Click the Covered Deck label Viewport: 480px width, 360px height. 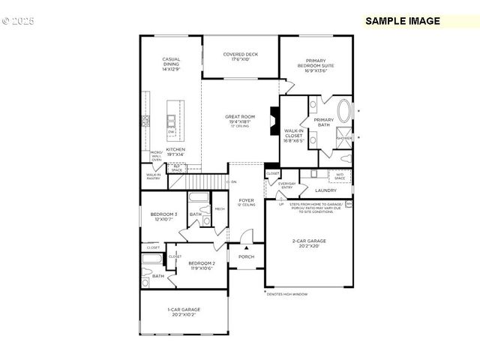(x=241, y=56)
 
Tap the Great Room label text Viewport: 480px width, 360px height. (x=240, y=119)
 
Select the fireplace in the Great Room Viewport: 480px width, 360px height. (x=275, y=120)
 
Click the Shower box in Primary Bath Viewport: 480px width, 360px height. (x=344, y=138)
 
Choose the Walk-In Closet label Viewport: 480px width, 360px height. (x=293, y=135)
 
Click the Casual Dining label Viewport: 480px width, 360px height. (x=171, y=64)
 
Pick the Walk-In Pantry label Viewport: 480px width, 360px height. (x=153, y=176)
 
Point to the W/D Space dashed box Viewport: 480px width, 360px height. (x=340, y=177)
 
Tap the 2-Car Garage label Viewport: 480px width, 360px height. (x=309, y=244)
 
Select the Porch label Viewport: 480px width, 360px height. (x=246, y=256)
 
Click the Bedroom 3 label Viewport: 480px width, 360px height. (x=163, y=217)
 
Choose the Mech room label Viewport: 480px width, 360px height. (x=220, y=209)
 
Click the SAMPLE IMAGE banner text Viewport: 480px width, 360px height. (x=403, y=21)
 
